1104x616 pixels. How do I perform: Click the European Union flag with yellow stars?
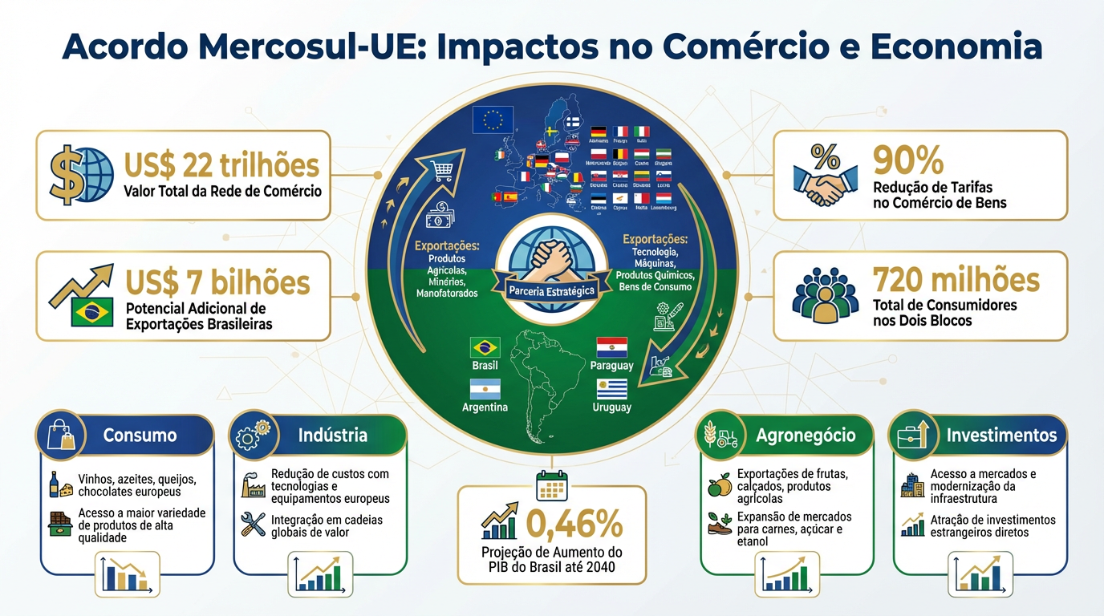coord(493,120)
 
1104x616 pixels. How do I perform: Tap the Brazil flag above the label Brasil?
coord(485,347)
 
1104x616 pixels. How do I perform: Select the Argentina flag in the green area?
coord(485,389)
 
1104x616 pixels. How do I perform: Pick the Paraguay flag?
coord(612,347)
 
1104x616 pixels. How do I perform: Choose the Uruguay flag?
coord(612,389)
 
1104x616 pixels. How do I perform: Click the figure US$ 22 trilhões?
coord(221,165)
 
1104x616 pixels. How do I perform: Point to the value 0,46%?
coord(574,525)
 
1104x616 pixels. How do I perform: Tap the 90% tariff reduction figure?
coord(908,161)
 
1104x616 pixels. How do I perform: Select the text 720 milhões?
coord(956,280)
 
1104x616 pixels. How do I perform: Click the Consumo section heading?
coord(140,436)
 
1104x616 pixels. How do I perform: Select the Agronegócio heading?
coord(806,436)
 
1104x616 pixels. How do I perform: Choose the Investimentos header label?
coord(1001,436)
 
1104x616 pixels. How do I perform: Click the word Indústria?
coord(332,436)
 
